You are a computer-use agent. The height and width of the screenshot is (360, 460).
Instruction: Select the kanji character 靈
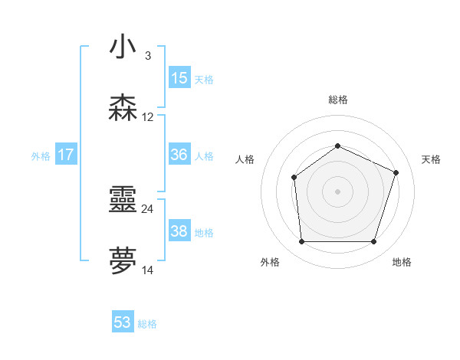pyautogui.click(x=123, y=201)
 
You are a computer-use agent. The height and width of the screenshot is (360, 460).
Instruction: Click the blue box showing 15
pyautogui.click(x=179, y=78)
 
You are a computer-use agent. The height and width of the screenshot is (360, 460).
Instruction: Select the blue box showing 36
pyautogui.click(x=179, y=155)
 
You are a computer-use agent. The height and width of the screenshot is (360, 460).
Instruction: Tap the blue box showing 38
pyautogui.click(x=179, y=231)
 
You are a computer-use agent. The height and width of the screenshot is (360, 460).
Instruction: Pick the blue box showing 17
pyautogui.click(x=65, y=155)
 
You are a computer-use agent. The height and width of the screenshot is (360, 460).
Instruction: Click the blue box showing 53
pyautogui.click(x=123, y=322)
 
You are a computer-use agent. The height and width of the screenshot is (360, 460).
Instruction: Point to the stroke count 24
pyautogui.click(x=147, y=208)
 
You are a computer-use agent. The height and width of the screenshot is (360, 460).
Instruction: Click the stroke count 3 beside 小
pyautogui.click(x=147, y=55)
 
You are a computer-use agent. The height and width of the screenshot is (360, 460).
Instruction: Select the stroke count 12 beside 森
pyautogui.click(x=147, y=117)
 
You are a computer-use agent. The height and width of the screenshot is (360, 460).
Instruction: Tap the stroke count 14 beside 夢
pyautogui.click(x=147, y=270)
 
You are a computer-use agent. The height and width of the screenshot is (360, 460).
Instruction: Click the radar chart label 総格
pyautogui.click(x=338, y=100)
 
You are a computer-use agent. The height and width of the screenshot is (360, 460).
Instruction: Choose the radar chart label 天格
pyautogui.click(x=431, y=159)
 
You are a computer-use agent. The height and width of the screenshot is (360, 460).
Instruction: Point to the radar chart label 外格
pyautogui.click(x=270, y=263)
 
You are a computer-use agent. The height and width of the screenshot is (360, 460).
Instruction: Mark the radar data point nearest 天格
pyautogui.click(x=396, y=172)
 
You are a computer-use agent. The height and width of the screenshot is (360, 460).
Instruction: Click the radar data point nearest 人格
pyautogui.click(x=294, y=178)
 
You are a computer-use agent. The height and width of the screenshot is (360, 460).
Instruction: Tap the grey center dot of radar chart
pyautogui.click(x=337, y=191)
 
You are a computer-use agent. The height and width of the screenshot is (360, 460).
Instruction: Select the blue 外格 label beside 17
pyautogui.click(x=41, y=156)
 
